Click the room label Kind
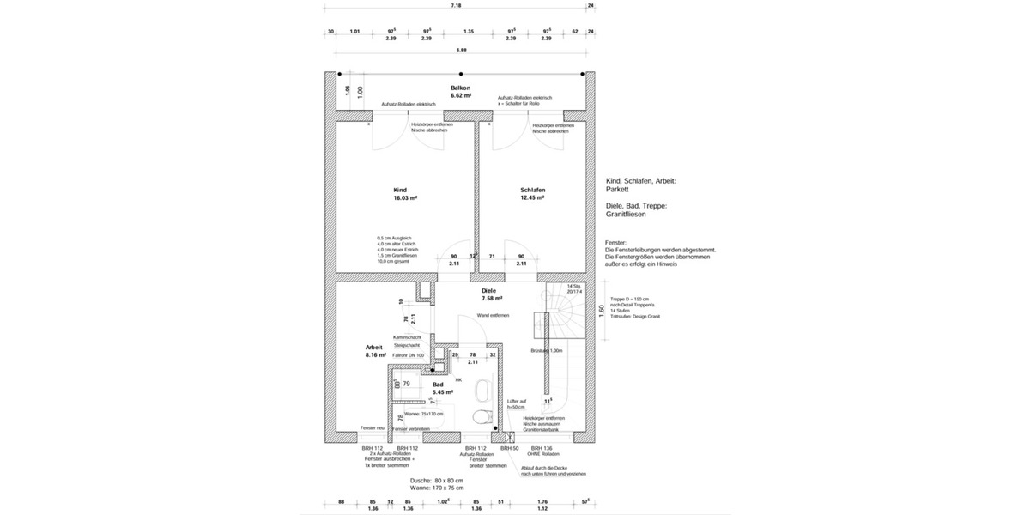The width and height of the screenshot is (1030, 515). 399,190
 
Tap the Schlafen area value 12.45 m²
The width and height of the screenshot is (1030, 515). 532,198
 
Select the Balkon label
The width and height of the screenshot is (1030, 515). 460,88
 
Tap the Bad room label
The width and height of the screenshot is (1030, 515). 437,385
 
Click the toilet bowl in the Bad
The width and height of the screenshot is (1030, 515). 482,416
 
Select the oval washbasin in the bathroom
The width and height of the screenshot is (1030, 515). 482,391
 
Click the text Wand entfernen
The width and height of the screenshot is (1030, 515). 493,315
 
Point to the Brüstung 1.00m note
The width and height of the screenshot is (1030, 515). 547,350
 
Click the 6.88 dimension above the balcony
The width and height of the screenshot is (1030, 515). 461,50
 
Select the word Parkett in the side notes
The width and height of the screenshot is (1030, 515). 618,190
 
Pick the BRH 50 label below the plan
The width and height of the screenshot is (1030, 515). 509,448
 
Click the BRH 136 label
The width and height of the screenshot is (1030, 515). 541,448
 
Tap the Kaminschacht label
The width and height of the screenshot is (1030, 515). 406,337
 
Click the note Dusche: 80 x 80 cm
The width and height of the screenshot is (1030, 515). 437,480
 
